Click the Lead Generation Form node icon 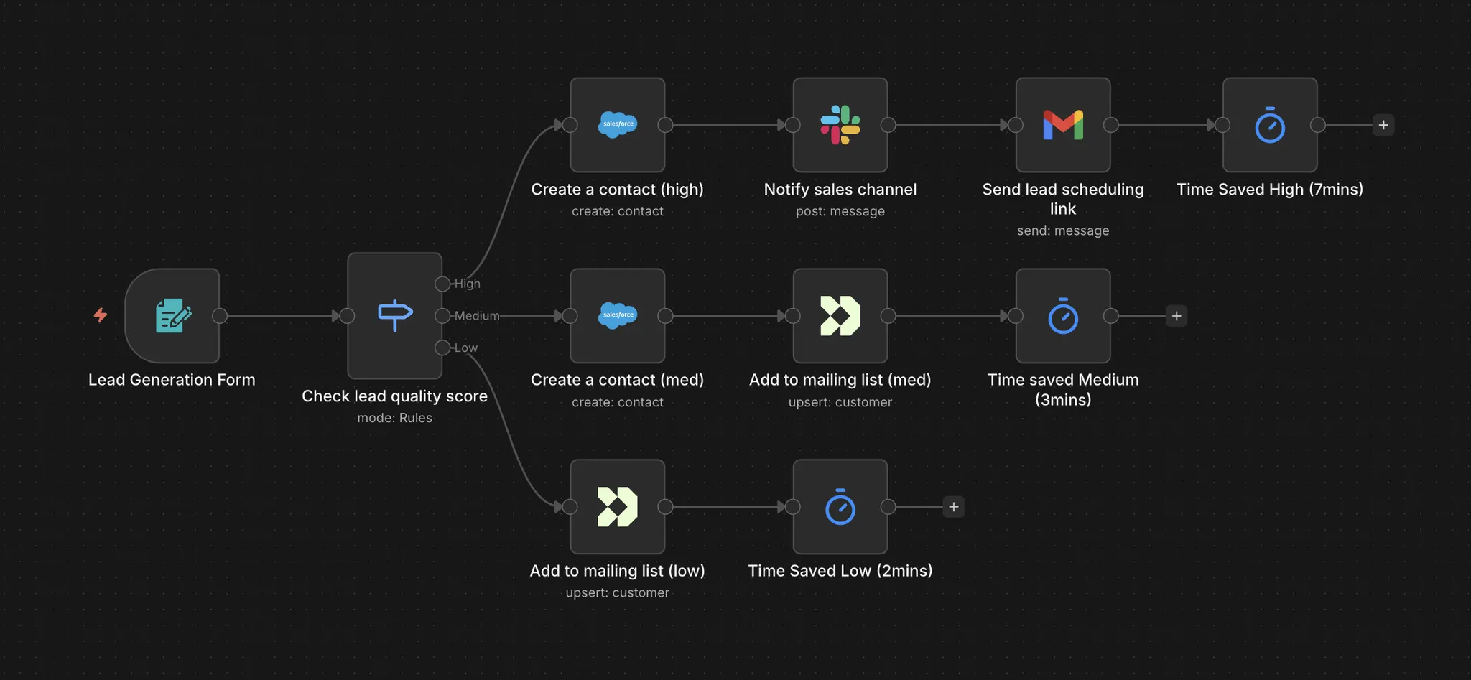(172, 316)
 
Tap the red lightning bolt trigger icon (101, 315)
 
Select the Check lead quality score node (394, 315)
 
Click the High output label (467, 284)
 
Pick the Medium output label (476, 316)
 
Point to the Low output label (465, 348)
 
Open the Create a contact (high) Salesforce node (618, 125)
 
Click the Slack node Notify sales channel (840, 125)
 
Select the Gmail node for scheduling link (1063, 125)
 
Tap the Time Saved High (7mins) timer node (1270, 125)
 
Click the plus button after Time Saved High (1383, 125)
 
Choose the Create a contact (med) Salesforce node (618, 316)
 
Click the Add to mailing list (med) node (840, 316)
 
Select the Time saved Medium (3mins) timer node (1063, 316)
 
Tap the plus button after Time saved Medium (1177, 316)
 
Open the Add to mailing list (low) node (618, 507)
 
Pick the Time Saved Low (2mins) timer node (840, 507)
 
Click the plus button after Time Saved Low (954, 507)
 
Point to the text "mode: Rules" (394, 418)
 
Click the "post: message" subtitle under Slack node (840, 211)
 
